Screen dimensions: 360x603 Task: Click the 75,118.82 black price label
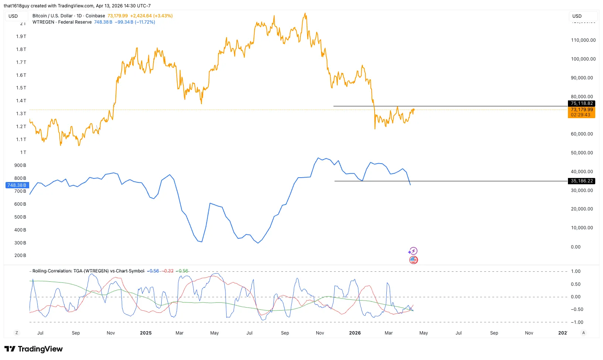[582, 103]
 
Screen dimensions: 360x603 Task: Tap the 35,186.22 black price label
[582, 181]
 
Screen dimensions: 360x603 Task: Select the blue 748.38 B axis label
[17, 185]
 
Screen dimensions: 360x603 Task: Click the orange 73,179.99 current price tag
[582, 110]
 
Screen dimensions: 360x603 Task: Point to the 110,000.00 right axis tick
[583, 40]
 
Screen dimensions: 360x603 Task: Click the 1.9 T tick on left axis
[21, 36]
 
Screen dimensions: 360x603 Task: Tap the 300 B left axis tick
[20, 243]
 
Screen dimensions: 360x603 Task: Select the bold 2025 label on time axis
[146, 333]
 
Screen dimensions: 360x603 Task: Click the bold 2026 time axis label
[355, 333]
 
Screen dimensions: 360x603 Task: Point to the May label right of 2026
[423, 333]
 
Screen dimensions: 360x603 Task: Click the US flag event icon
[413, 260]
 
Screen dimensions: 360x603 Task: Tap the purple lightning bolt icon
[413, 251]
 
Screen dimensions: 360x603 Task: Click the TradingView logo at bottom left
[34, 349]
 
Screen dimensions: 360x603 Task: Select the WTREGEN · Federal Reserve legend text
[62, 22]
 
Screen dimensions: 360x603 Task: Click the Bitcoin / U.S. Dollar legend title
[52, 16]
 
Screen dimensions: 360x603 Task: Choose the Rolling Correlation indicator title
[88, 271]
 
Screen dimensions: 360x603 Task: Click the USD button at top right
[583, 16]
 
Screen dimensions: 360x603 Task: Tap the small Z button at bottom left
[17, 333]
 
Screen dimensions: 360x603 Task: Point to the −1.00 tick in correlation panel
[577, 322]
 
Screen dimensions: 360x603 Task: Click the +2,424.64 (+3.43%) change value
[151, 16]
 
